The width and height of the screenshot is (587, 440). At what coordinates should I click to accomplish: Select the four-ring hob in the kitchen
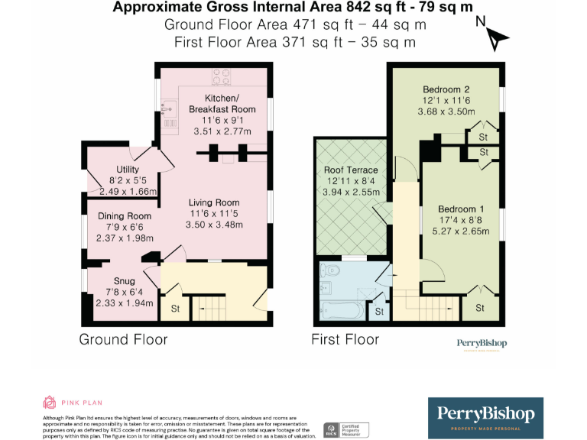pyautogui.click(x=221, y=76)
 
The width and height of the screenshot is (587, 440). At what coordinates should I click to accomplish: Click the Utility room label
pyautogui.click(x=127, y=169)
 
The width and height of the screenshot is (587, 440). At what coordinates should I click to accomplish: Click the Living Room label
pyautogui.click(x=215, y=202)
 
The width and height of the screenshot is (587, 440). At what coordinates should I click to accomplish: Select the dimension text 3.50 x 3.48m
pyautogui.click(x=215, y=225)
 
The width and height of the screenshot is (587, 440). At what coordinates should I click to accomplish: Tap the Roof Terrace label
pyautogui.click(x=351, y=170)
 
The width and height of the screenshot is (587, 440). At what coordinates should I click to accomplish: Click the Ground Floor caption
pyautogui.click(x=123, y=339)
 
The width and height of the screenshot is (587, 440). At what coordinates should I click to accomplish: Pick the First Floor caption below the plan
pyautogui.click(x=345, y=339)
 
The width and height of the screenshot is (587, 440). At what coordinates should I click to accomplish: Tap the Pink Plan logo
pyautogui.click(x=73, y=403)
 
